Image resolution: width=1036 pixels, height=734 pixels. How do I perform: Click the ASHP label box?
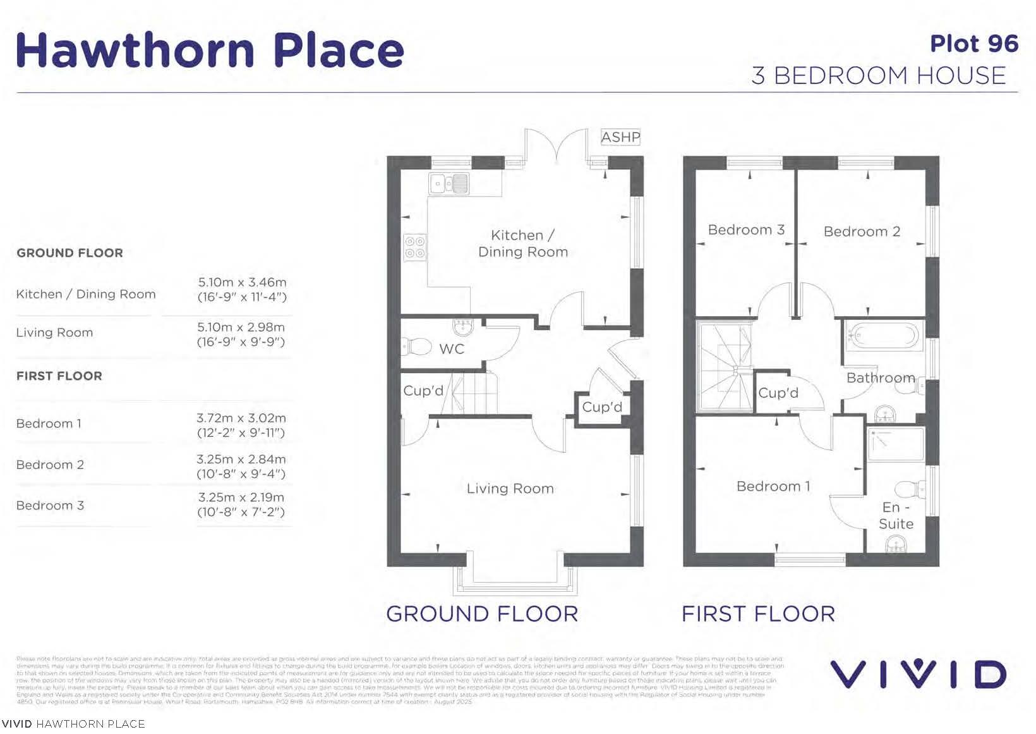click(x=620, y=137)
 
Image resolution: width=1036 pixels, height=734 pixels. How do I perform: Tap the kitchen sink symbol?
click(x=449, y=183)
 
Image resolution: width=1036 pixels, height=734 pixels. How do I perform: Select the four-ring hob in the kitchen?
click(x=414, y=247)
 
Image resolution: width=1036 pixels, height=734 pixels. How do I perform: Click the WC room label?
click(x=452, y=349)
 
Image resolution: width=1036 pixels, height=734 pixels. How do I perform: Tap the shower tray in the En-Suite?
click(x=896, y=444)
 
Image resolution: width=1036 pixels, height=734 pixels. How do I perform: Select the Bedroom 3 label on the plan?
click(x=746, y=229)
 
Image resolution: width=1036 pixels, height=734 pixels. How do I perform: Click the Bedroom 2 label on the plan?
click(x=862, y=231)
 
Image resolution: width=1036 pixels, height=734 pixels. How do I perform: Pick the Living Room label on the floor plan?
click(x=510, y=489)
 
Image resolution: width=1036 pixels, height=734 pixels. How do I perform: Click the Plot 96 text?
click(x=973, y=44)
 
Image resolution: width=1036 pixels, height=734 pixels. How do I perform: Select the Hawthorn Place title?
click(x=210, y=50)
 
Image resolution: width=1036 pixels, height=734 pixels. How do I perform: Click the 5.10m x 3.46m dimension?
click(x=242, y=283)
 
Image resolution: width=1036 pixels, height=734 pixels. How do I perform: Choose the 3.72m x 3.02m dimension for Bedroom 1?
click(x=241, y=419)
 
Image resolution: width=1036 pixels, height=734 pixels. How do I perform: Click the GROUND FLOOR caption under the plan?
click(x=482, y=614)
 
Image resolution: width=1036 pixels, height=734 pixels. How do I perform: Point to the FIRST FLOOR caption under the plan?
click(x=758, y=614)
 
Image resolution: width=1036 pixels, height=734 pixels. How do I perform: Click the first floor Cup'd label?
click(x=778, y=393)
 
